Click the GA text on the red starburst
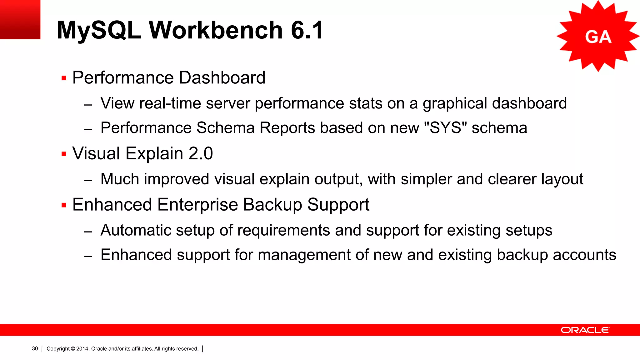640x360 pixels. point(598,37)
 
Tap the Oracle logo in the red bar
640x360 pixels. point(585,330)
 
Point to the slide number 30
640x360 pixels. point(35,348)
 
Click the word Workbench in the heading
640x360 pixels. point(216,30)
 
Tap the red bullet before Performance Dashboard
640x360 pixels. point(64,78)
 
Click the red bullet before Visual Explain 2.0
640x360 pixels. point(64,154)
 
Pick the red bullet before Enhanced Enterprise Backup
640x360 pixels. point(64,205)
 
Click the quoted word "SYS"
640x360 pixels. point(445,127)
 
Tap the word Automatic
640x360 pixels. point(136,230)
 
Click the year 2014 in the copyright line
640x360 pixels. point(82,348)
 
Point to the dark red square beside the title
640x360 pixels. point(20,19)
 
